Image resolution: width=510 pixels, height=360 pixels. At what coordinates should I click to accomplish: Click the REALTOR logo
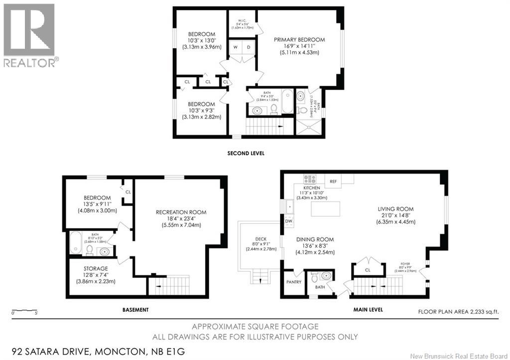coord(29,35)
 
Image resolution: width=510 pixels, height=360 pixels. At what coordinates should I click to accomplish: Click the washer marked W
coord(236,47)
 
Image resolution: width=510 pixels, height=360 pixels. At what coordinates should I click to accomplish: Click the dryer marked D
coord(248,47)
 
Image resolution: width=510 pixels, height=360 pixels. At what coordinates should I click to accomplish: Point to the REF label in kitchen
coord(333,182)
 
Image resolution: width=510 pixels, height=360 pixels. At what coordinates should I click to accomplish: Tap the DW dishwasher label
coord(288,220)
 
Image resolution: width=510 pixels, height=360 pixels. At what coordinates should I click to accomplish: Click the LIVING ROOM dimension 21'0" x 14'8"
coord(396,216)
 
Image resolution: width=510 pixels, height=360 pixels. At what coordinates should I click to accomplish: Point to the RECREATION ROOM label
coord(180,212)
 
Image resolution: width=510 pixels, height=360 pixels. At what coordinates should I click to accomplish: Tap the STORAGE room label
coord(95,268)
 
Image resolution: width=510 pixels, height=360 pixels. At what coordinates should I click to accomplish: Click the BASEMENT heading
coord(135,310)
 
